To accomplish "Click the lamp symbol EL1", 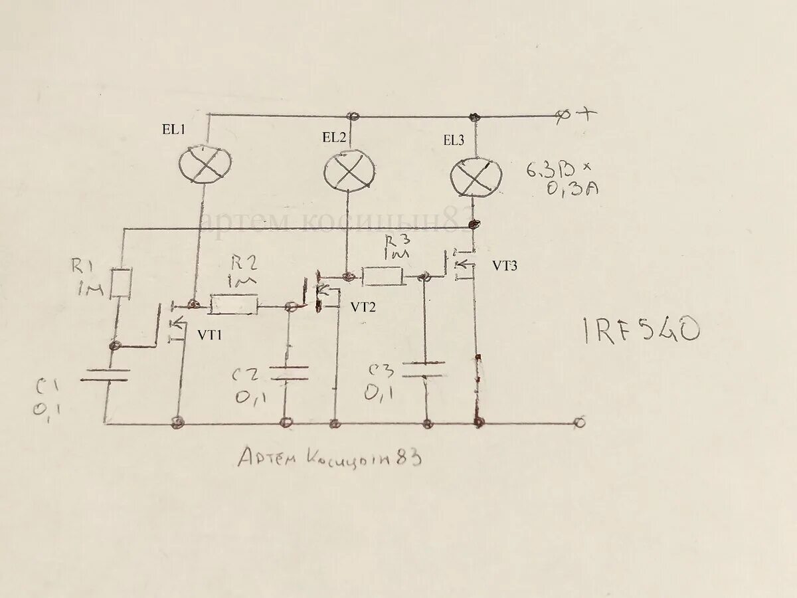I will [x=206, y=162].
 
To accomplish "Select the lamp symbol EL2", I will [x=348, y=171].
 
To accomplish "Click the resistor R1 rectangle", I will [x=122, y=283].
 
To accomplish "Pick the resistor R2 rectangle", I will [x=234, y=305].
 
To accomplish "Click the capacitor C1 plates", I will [x=104, y=375].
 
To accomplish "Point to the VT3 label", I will [x=505, y=265].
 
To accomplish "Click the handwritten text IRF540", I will [x=642, y=330].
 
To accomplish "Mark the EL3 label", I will [x=455, y=140].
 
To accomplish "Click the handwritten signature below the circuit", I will [x=329, y=457].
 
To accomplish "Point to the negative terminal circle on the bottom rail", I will [x=579, y=423].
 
